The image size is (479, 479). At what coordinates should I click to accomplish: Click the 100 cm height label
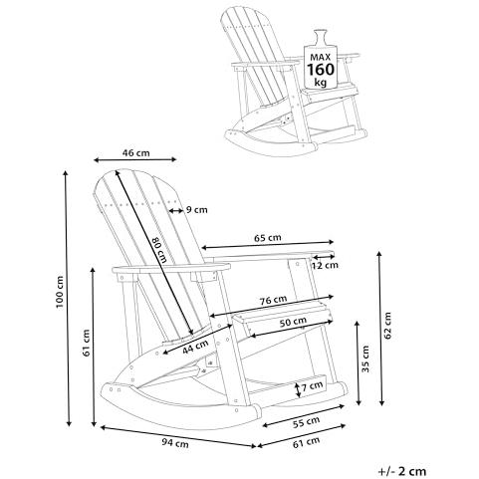click(x=60, y=292)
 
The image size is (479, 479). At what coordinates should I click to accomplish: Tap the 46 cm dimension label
click(x=135, y=153)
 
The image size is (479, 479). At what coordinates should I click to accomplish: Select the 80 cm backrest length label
click(x=159, y=250)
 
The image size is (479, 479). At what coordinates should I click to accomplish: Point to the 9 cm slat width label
click(x=196, y=210)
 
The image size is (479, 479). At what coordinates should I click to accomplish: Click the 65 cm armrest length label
click(x=268, y=238)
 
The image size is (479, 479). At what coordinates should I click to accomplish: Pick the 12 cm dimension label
click(x=325, y=265)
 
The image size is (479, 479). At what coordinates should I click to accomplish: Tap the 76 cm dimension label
click(x=273, y=300)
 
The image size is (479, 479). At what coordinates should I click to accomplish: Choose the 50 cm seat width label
click(x=293, y=322)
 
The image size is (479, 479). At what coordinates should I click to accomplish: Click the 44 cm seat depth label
click(x=195, y=347)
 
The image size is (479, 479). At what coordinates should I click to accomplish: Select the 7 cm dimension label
click(x=312, y=385)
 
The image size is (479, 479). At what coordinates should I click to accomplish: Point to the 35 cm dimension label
click(x=365, y=359)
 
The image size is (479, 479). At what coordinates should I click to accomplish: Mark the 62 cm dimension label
click(x=388, y=326)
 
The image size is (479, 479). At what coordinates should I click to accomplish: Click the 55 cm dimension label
click(x=306, y=422)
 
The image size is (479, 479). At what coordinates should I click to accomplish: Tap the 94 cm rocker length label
click(x=175, y=443)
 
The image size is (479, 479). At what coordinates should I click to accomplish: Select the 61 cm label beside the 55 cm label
click(x=306, y=442)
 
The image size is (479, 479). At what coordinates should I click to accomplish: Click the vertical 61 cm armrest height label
click(x=87, y=343)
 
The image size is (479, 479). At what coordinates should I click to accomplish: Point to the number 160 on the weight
click(x=321, y=70)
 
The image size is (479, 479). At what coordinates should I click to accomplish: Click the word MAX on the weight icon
click(x=321, y=57)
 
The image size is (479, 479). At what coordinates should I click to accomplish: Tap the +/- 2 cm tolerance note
click(x=402, y=471)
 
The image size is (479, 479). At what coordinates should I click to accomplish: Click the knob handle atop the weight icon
click(x=321, y=37)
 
